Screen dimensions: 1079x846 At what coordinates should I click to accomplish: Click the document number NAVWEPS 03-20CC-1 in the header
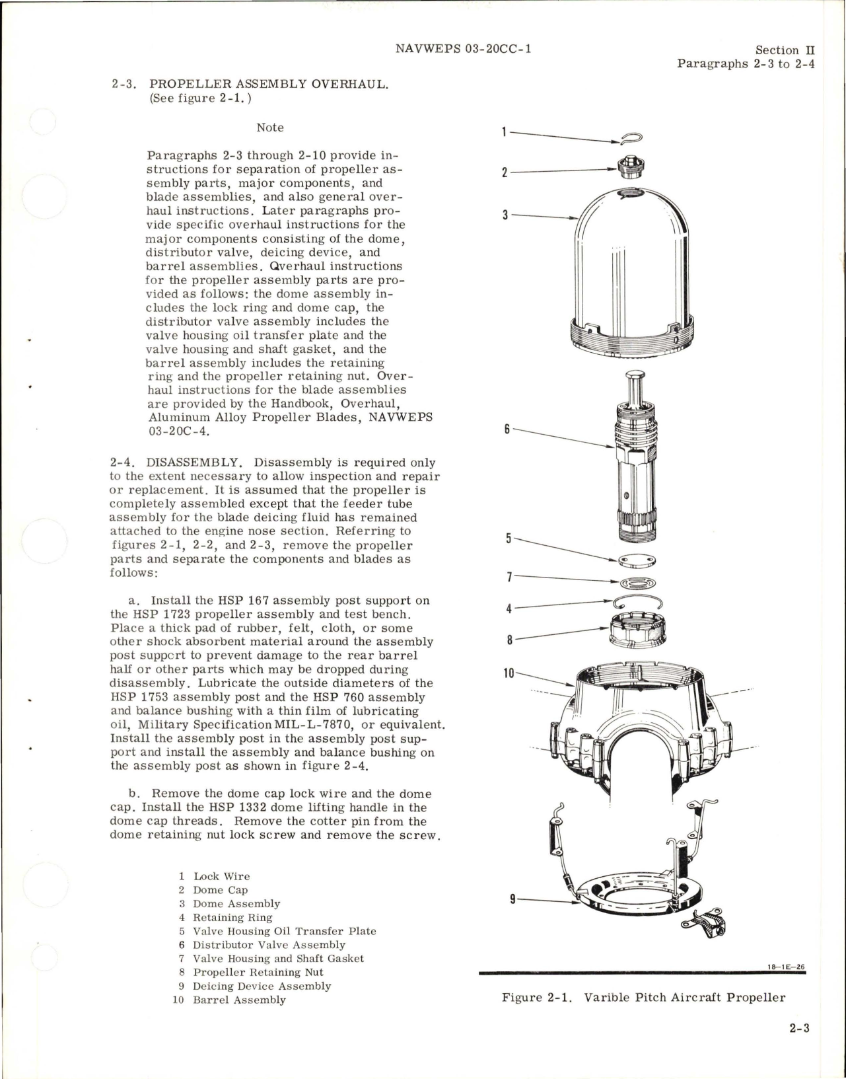click(463, 49)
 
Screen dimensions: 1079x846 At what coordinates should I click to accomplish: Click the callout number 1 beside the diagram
click(504, 131)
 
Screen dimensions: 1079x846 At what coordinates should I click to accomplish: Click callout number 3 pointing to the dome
click(505, 215)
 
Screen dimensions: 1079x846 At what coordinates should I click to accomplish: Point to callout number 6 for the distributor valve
click(507, 429)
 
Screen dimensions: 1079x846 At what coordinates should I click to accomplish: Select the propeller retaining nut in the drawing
click(636, 631)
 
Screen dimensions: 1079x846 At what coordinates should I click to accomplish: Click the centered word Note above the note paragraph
click(270, 128)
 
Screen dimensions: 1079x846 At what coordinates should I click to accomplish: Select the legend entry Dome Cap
click(220, 890)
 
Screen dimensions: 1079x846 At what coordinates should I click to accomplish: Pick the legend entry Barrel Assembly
click(239, 1000)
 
